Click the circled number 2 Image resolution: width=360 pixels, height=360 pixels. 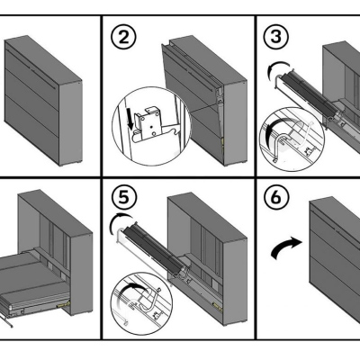123,39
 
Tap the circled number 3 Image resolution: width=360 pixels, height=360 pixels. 276,36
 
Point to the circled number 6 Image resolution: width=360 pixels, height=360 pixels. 276,197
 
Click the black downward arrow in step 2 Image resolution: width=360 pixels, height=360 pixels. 130,120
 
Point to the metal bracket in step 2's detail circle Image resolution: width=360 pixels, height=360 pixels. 150,124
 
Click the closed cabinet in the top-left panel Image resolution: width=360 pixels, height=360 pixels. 43,101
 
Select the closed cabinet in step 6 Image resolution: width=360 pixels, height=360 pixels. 335,264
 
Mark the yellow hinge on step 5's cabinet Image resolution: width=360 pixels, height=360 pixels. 216,305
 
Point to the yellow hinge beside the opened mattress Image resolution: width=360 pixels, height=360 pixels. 63,304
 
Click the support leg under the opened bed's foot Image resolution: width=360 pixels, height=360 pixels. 6,319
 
